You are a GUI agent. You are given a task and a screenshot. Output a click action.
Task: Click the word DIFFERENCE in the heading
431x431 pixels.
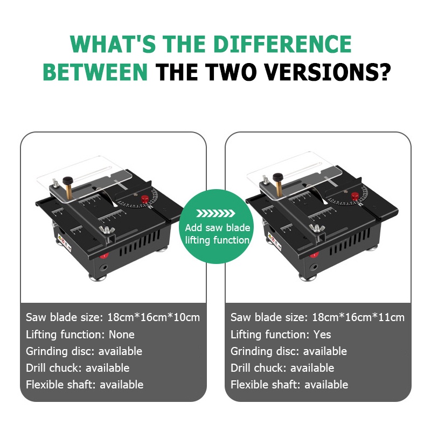[x=282, y=44]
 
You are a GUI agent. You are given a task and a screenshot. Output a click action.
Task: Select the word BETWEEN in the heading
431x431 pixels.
[x=95, y=72]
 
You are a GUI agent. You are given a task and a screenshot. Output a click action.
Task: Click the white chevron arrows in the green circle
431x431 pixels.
[x=215, y=213]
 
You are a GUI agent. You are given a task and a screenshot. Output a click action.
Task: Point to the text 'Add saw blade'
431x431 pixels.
[x=218, y=227]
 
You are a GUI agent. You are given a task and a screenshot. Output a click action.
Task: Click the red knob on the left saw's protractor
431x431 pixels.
[x=144, y=199]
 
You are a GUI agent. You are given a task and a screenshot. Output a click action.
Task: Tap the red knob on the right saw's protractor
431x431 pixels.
[x=355, y=196]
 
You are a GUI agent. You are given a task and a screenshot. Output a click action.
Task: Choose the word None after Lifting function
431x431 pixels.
[x=122, y=335]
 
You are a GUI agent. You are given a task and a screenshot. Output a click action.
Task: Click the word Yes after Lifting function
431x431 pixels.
[x=322, y=335]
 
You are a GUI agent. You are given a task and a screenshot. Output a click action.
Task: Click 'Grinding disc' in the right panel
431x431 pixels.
[x=263, y=351]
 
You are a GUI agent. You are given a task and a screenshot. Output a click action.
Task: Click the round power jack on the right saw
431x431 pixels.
[x=314, y=267]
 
